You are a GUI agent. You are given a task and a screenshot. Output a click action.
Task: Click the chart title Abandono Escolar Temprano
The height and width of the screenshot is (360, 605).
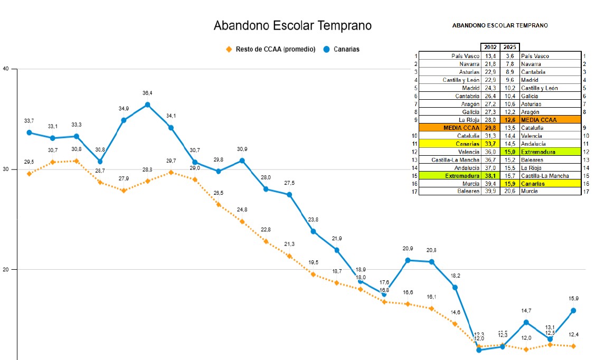(x=292, y=25)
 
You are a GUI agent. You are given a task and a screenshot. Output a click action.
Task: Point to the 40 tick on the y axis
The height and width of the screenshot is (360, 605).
(x=6, y=69)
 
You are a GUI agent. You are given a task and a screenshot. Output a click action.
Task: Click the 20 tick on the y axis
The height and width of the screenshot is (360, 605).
(x=6, y=270)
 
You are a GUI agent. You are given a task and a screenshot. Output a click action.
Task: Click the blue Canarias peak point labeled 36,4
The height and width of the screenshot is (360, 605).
(x=147, y=105)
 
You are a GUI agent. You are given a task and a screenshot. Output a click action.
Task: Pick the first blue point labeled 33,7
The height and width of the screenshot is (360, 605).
(x=29, y=132)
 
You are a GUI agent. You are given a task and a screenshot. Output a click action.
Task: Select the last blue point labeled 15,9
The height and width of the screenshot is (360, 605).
(x=573, y=310)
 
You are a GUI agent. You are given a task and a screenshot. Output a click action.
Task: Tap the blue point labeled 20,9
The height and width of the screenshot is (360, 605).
(x=408, y=260)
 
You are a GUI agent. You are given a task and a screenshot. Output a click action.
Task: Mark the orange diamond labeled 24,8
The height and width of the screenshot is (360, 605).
(x=242, y=222)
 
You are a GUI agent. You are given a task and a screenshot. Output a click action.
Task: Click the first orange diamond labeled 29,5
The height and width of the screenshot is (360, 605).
(x=29, y=174)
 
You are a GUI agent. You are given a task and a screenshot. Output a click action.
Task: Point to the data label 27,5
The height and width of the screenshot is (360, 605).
(x=289, y=183)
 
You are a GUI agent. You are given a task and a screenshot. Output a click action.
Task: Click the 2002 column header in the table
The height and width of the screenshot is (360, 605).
(x=490, y=48)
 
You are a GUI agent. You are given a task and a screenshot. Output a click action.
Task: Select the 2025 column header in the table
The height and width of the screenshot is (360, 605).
(x=510, y=48)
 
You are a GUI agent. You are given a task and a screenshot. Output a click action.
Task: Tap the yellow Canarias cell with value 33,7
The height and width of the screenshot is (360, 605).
(x=490, y=144)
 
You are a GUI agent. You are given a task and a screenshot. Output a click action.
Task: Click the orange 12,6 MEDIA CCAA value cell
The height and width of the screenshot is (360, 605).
(x=510, y=120)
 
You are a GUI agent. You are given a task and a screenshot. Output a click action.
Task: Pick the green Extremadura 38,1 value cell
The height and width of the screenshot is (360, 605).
(x=490, y=176)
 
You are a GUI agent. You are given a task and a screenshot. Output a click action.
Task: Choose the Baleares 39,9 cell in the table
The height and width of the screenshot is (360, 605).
(x=490, y=192)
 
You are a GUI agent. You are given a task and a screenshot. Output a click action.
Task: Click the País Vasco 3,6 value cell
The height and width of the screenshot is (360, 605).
(x=510, y=56)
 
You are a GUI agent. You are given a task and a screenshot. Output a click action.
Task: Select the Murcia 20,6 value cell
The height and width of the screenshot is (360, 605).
(x=510, y=192)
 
